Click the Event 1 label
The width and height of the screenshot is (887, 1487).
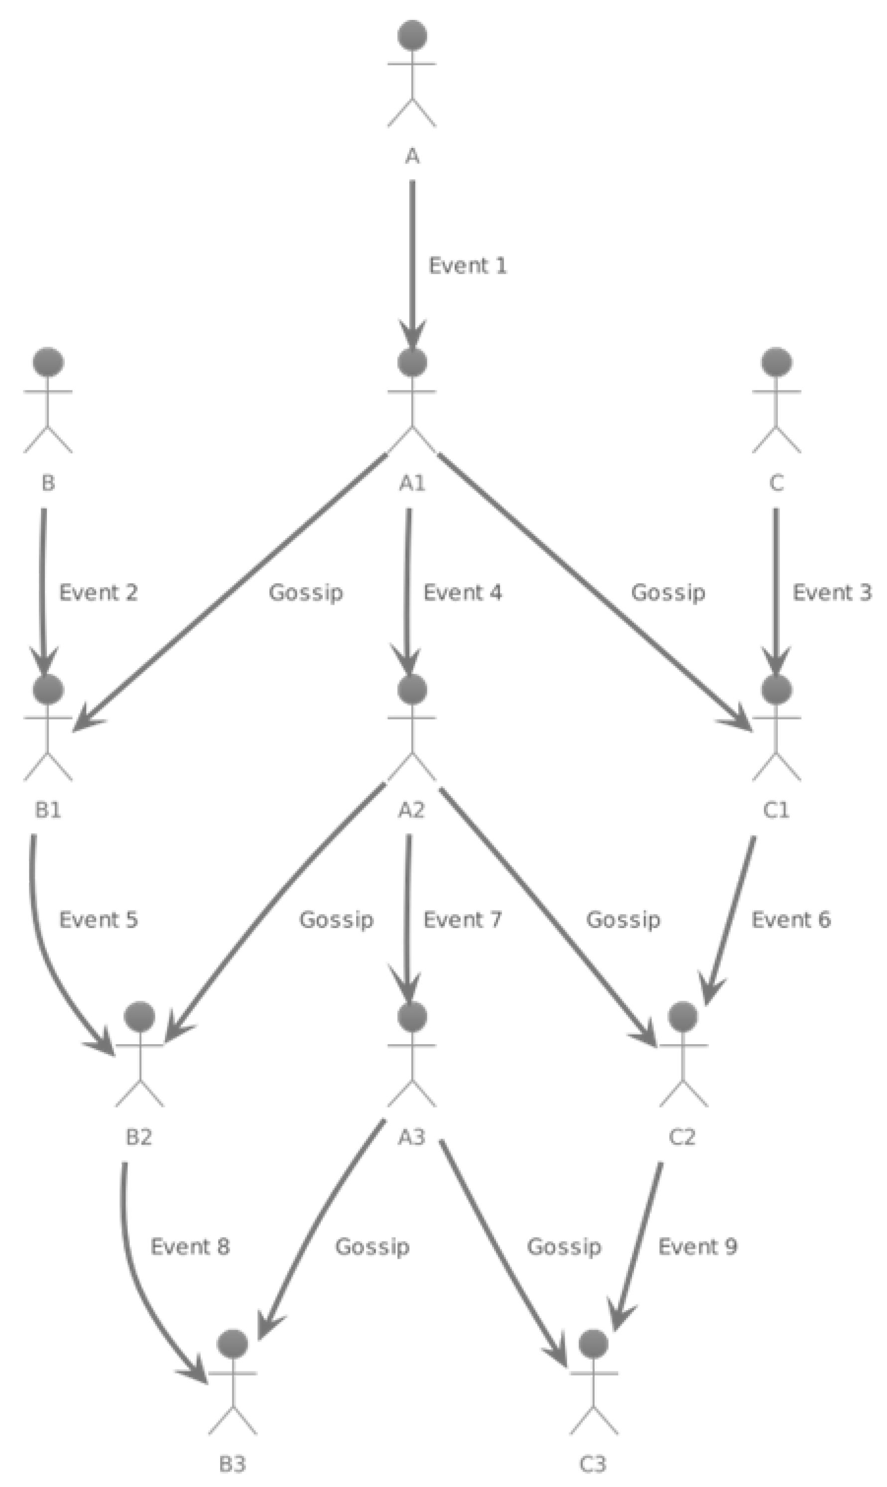[468, 266]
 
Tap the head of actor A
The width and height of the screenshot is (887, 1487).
[412, 35]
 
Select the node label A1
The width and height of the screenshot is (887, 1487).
[412, 483]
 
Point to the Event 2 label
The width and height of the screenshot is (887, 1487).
[98, 592]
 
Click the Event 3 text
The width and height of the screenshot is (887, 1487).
[831, 592]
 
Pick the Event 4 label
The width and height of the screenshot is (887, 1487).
[462, 592]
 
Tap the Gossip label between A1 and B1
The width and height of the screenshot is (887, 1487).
[305, 592]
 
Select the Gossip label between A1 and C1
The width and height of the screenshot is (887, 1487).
[668, 592]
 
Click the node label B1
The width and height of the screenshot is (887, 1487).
[48, 810]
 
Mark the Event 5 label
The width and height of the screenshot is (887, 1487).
[98, 919]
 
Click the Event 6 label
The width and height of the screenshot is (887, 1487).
[790, 919]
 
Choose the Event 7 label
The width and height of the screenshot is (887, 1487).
[462, 919]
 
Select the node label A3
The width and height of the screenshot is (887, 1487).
[412, 1137]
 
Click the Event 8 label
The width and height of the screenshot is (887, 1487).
[189, 1247]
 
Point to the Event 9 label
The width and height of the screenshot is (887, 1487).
[697, 1247]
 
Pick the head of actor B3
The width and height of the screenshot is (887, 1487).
[233, 1344]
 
